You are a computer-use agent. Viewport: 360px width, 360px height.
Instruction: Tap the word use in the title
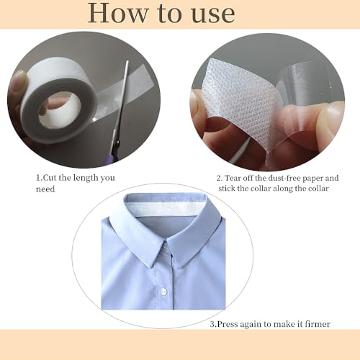(x=211, y=14)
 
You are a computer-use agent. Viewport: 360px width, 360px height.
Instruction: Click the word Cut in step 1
(x=53, y=177)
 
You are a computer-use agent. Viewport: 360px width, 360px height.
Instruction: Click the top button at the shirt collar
(x=165, y=247)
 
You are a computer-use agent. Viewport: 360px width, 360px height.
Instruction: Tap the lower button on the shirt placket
(x=163, y=292)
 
